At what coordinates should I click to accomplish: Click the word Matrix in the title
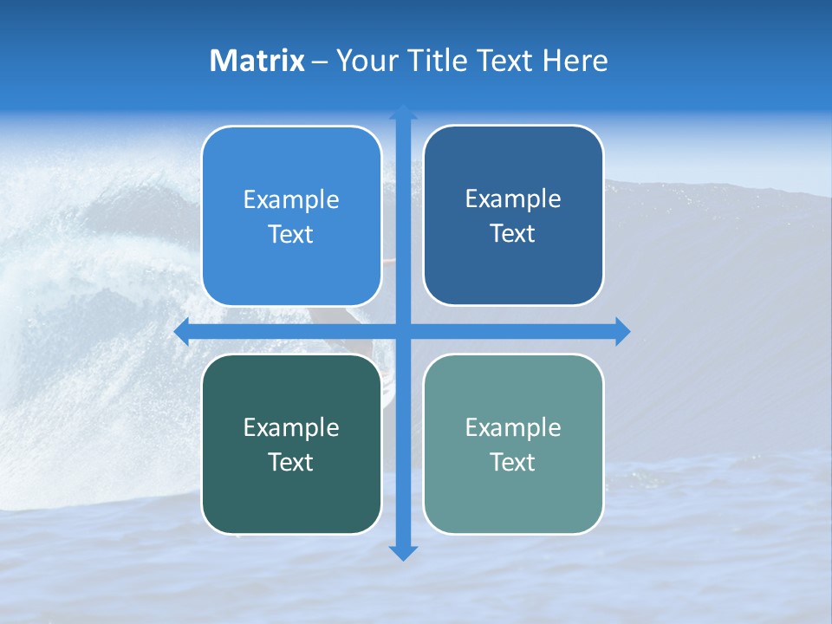[257, 61]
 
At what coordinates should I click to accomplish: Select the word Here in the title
[575, 61]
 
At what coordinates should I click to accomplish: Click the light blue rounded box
[291, 216]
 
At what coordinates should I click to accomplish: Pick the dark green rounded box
[291, 444]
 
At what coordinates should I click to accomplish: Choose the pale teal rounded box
[513, 444]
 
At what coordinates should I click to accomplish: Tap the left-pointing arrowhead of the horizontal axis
[182, 331]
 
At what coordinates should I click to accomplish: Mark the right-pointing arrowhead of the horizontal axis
[622, 331]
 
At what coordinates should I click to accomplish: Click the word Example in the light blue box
[291, 199]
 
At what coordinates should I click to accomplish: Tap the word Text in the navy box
[513, 233]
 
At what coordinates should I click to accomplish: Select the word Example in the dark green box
[291, 427]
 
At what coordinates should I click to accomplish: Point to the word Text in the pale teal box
[513, 462]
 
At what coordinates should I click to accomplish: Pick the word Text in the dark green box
[291, 462]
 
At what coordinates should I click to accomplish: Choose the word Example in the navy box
[513, 198]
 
